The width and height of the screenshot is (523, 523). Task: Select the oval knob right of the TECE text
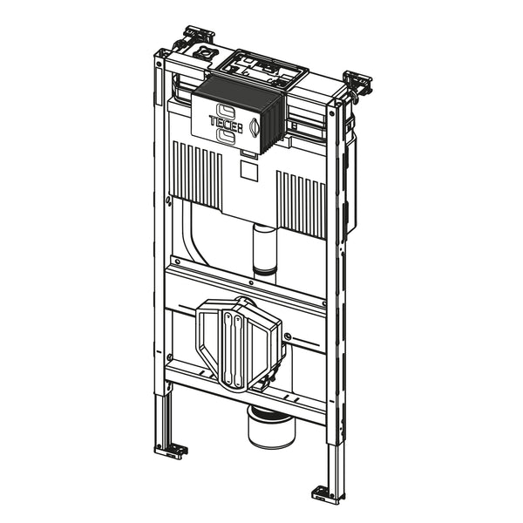pos(255,128)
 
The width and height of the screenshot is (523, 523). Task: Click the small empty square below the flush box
pos(249,172)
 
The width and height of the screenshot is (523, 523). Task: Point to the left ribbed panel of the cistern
pos(198,173)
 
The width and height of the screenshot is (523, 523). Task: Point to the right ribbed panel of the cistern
pos(301,204)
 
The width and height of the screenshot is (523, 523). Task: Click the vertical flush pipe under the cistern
pos(265,254)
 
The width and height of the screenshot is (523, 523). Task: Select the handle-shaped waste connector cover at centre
pos(239,343)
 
